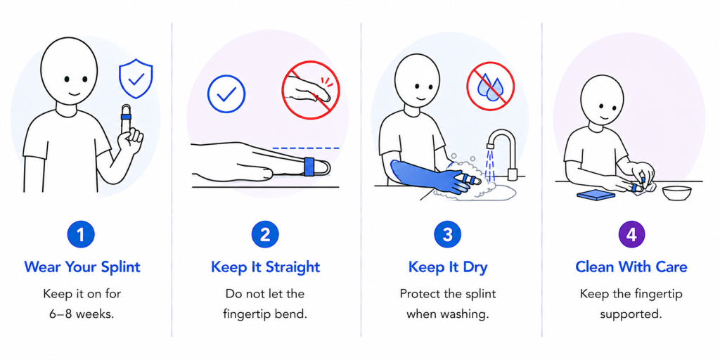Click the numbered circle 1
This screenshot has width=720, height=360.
(81, 235)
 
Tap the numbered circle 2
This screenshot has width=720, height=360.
(265, 235)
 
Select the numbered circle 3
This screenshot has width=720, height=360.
(448, 235)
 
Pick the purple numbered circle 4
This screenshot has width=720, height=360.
(631, 235)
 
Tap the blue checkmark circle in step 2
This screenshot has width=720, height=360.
(226, 94)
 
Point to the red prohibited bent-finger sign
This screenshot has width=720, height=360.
(310, 90)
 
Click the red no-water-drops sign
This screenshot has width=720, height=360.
(490, 86)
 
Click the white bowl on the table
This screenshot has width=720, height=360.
(677, 193)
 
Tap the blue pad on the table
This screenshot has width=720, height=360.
(596, 195)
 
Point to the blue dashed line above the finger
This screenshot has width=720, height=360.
(306, 148)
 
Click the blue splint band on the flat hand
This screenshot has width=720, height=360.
(309, 166)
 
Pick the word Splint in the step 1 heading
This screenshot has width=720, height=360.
(117, 266)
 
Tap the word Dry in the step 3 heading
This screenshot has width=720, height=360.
(474, 266)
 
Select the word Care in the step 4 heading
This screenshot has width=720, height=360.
(671, 266)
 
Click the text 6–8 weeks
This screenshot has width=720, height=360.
(82, 314)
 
